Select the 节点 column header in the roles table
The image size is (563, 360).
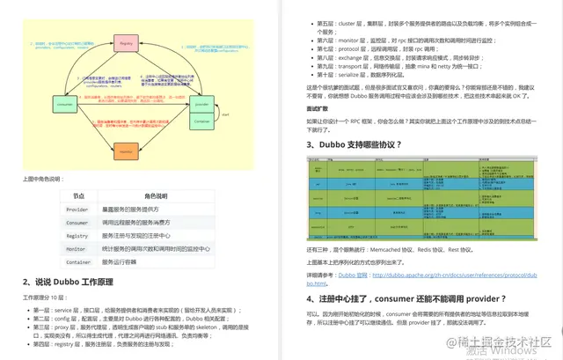78,196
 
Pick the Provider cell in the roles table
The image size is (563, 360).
77,209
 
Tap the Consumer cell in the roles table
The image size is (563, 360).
77,223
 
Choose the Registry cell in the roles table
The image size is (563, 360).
77,236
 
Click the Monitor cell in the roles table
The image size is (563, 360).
77,249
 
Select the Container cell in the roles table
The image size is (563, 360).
78,262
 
